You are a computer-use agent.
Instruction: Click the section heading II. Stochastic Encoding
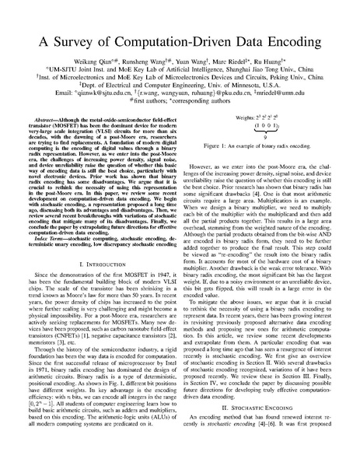click(267, 429)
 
